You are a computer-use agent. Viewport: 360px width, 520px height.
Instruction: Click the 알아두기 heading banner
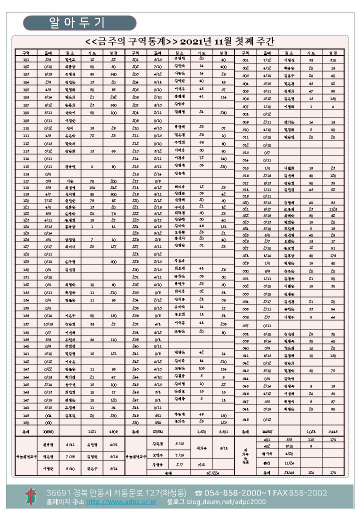click(79, 23)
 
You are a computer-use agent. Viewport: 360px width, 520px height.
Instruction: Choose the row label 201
click(135, 59)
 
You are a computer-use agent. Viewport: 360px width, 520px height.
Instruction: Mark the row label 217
click(135, 180)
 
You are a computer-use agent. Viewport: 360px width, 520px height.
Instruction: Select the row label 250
click(135, 422)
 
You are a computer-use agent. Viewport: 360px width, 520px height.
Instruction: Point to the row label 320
click(245, 202)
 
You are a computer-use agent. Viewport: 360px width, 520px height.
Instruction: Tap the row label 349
click(245, 419)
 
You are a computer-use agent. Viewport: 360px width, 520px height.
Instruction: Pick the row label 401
click(266, 439)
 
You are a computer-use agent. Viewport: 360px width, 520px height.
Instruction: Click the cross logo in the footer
click(31, 496)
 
